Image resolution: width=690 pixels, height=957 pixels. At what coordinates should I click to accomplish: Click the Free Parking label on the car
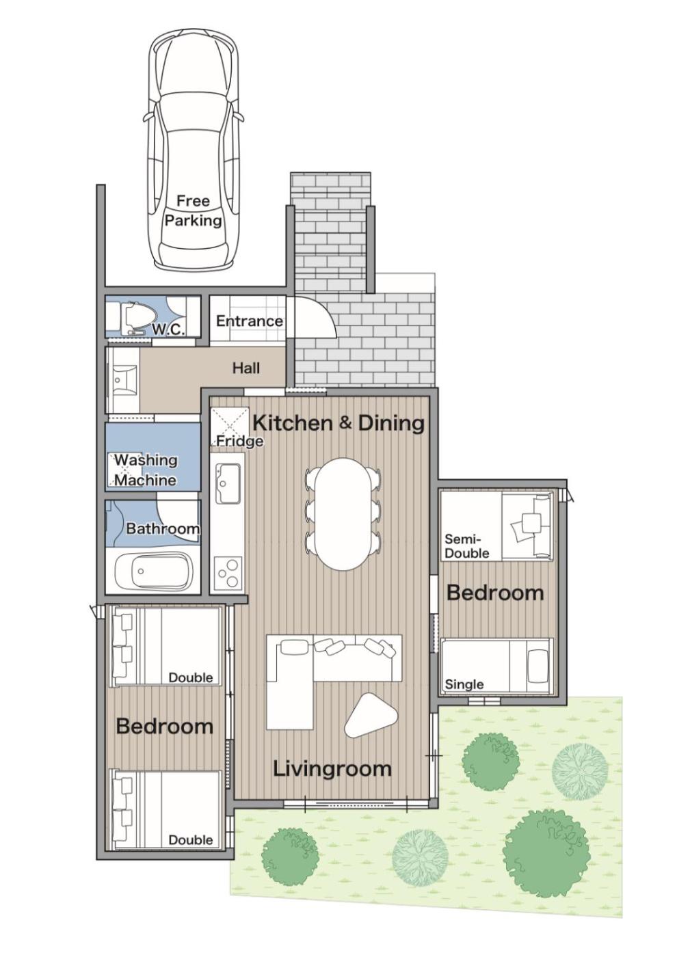pos(194,211)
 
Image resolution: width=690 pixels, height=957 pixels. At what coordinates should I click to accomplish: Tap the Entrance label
pos(249,321)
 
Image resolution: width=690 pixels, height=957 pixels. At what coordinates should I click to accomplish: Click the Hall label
pos(246,368)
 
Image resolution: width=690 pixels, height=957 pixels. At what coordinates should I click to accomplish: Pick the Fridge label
pos(239,440)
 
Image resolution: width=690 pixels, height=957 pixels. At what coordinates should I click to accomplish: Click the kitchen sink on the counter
pos(228,484)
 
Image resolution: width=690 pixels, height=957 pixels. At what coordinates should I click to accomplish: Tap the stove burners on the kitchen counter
pos(227,574)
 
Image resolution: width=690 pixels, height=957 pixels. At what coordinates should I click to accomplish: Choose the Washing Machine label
pos(146,470)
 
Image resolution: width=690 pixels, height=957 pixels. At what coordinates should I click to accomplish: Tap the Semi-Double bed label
pos(467,546)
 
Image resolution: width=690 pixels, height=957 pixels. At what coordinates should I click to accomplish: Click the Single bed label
pos(464,684)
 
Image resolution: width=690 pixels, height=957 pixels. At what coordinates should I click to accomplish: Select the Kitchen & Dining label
pos(339,423)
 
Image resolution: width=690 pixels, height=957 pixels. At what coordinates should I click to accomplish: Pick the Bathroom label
pos(163,528)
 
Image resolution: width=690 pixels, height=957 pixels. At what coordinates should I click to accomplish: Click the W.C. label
pos(168,329)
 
